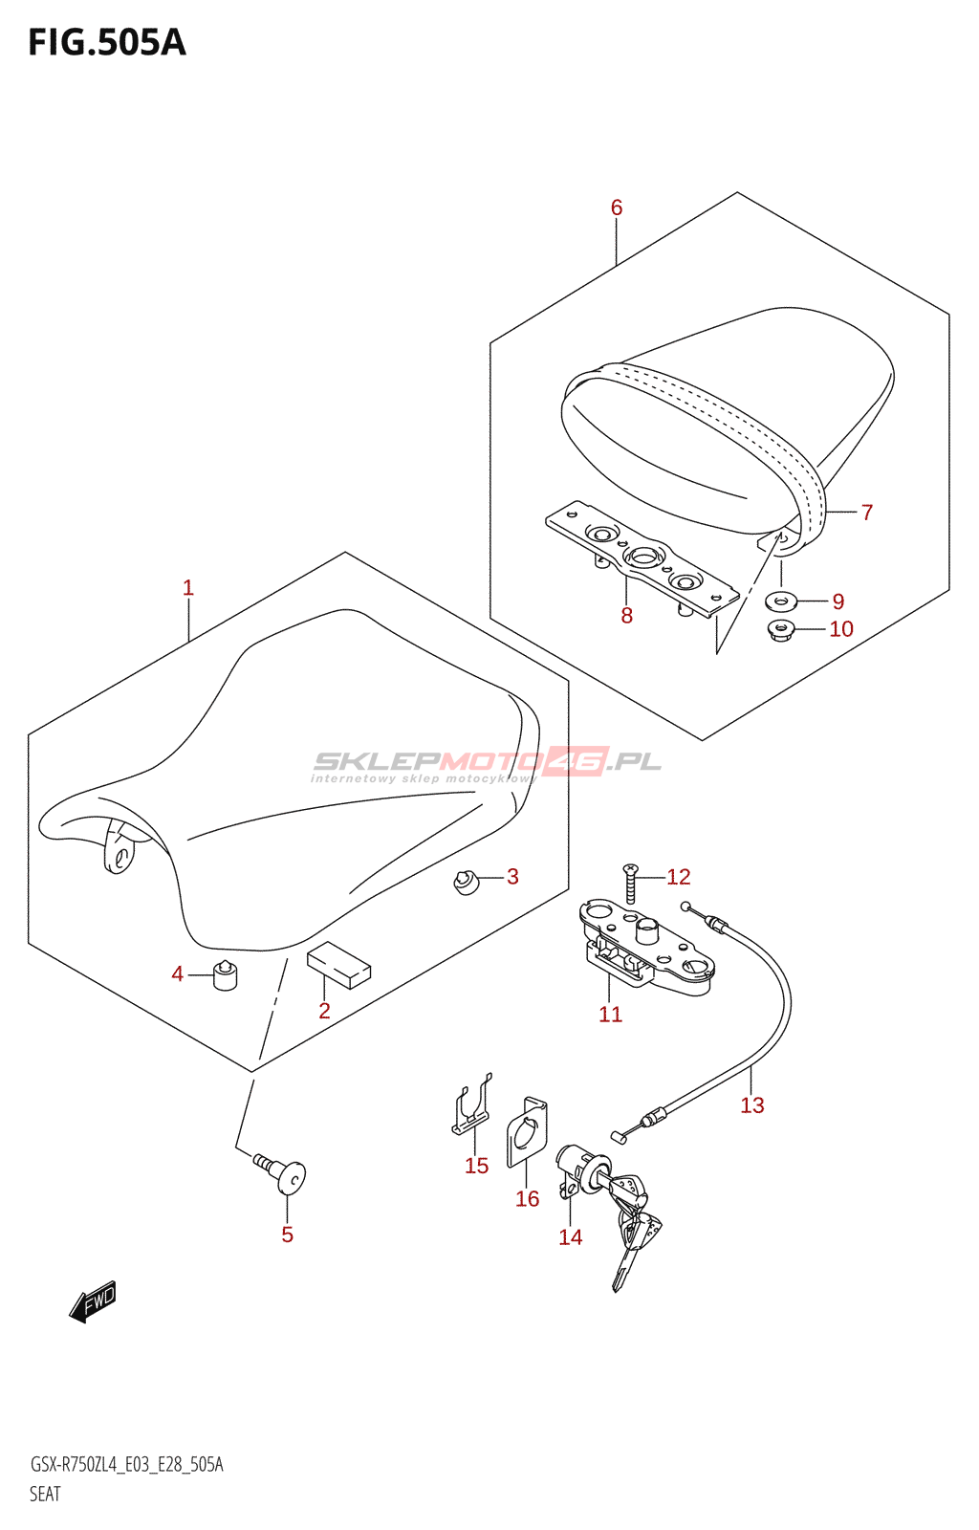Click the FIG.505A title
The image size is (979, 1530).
107,43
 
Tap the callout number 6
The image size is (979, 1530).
617,208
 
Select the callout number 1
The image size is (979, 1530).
188,588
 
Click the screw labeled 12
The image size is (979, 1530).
631,883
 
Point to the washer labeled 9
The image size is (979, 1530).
782,601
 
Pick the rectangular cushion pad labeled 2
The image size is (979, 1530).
338,964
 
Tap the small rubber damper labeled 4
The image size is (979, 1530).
225,975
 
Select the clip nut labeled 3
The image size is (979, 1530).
466,881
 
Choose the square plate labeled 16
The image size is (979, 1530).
528,1133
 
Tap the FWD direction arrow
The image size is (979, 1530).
93,1301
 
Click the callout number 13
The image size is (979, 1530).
752,1105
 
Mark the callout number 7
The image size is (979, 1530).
866,513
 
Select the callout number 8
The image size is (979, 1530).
626,616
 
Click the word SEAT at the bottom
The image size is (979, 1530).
45,1494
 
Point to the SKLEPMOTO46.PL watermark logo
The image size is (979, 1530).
487,763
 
